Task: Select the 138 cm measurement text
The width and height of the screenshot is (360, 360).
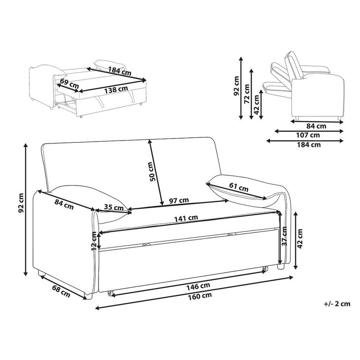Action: click(116, 89)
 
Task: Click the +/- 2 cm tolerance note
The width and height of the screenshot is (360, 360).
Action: click(337, 304)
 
